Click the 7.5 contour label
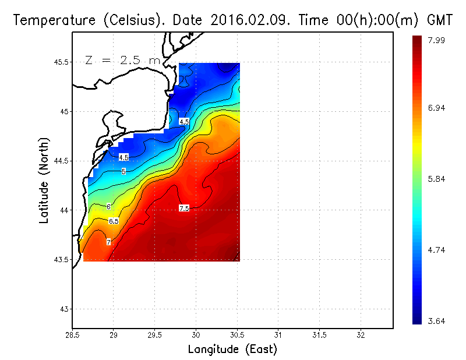pos(184,208)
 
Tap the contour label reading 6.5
pos(114,221)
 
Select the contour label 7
pos(109,241)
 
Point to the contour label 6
pos(108,206)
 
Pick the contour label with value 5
pos(123,171)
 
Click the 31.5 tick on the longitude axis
pos(319,336)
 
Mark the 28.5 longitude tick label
pos(72,336)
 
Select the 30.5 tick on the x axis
pos(237,336)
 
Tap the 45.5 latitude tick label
pos(61,62)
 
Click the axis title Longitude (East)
pos(232,350)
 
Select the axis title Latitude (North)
pos(44,180)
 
